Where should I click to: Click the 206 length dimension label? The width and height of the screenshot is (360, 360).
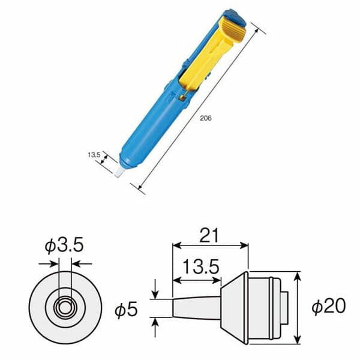pyautogui.click(x=207, y=119)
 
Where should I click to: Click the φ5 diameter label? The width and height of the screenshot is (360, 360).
pyautogui.click(x=127, y=309)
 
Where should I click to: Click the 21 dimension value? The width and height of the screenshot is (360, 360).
pyautogui.click(x=209, y=236)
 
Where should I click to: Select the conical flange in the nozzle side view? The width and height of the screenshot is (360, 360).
pyautogui.click(x=235, y=307)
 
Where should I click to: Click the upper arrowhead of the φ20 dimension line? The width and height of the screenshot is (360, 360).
pyautogui.click(x=298, y=275)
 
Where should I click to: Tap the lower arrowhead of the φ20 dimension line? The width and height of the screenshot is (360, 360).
pyautogui.click(x=298, y=341)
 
